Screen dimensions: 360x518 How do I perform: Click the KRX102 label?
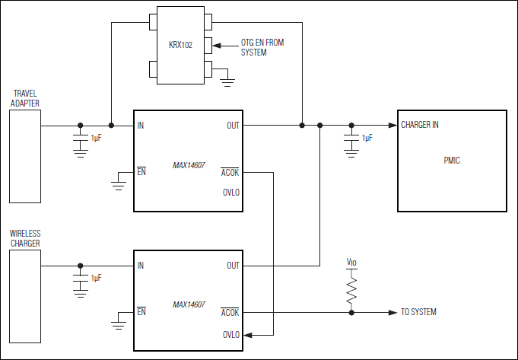tap(180, 45)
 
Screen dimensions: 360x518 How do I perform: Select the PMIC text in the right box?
tap(452, 161)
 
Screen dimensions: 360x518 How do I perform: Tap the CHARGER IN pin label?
tap(419, 125)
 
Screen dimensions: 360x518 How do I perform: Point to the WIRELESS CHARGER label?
tap(25, 238)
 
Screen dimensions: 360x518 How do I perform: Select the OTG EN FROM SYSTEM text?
tap(262, 48)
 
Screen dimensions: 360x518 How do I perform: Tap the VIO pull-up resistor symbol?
tap(351, 290)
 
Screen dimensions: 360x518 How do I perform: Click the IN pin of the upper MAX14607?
tap(141, 126)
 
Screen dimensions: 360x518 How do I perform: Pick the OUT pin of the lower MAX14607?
tap(233, 266)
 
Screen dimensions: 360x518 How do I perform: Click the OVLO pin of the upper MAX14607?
tap(230, 193)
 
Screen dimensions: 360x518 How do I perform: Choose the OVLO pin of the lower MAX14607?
tap(230, 334)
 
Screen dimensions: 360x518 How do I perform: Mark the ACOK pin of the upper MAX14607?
tap(230, 172)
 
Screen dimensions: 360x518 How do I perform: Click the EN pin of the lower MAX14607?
tap(141, 312)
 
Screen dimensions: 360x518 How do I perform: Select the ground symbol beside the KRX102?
tap(227, 76)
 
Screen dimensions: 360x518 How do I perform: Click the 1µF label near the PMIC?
tap(367, 139)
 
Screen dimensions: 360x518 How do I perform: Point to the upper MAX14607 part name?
tap(189, 164)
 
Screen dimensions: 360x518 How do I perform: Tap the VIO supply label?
tap(351, 263)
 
